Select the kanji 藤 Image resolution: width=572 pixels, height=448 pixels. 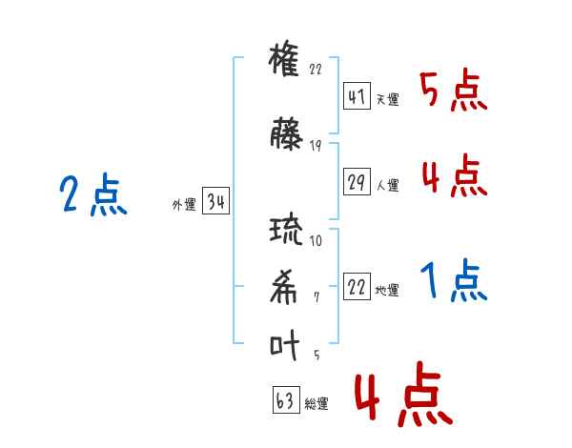click(286, 133)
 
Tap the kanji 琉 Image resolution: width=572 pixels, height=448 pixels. click(286, 230)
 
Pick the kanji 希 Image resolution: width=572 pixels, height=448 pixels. click(283, 287)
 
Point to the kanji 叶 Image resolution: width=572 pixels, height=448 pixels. click(284, 345)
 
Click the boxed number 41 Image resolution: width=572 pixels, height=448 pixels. click(357, 96)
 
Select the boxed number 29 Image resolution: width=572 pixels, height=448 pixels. click(357, 181)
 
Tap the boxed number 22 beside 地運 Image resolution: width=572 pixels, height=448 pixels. click(357, 286)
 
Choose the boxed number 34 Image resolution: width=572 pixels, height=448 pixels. click(215, 200)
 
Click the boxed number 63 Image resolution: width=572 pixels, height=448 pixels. click(286, 399)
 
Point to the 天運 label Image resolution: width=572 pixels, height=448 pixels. click(388, 99)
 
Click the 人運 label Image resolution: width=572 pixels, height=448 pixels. click(388, 185)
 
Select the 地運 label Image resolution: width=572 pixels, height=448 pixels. click(387, 291)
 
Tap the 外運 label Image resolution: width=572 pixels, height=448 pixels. click(184, 204)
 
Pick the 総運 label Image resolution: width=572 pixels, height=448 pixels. click(317, 403)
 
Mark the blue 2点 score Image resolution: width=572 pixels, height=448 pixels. click(93, 194)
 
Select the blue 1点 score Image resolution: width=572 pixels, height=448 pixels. click(454, 279)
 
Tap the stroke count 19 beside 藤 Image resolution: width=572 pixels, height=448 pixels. click(316, 146)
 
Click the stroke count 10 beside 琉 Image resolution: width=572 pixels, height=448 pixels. click(316, 240)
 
